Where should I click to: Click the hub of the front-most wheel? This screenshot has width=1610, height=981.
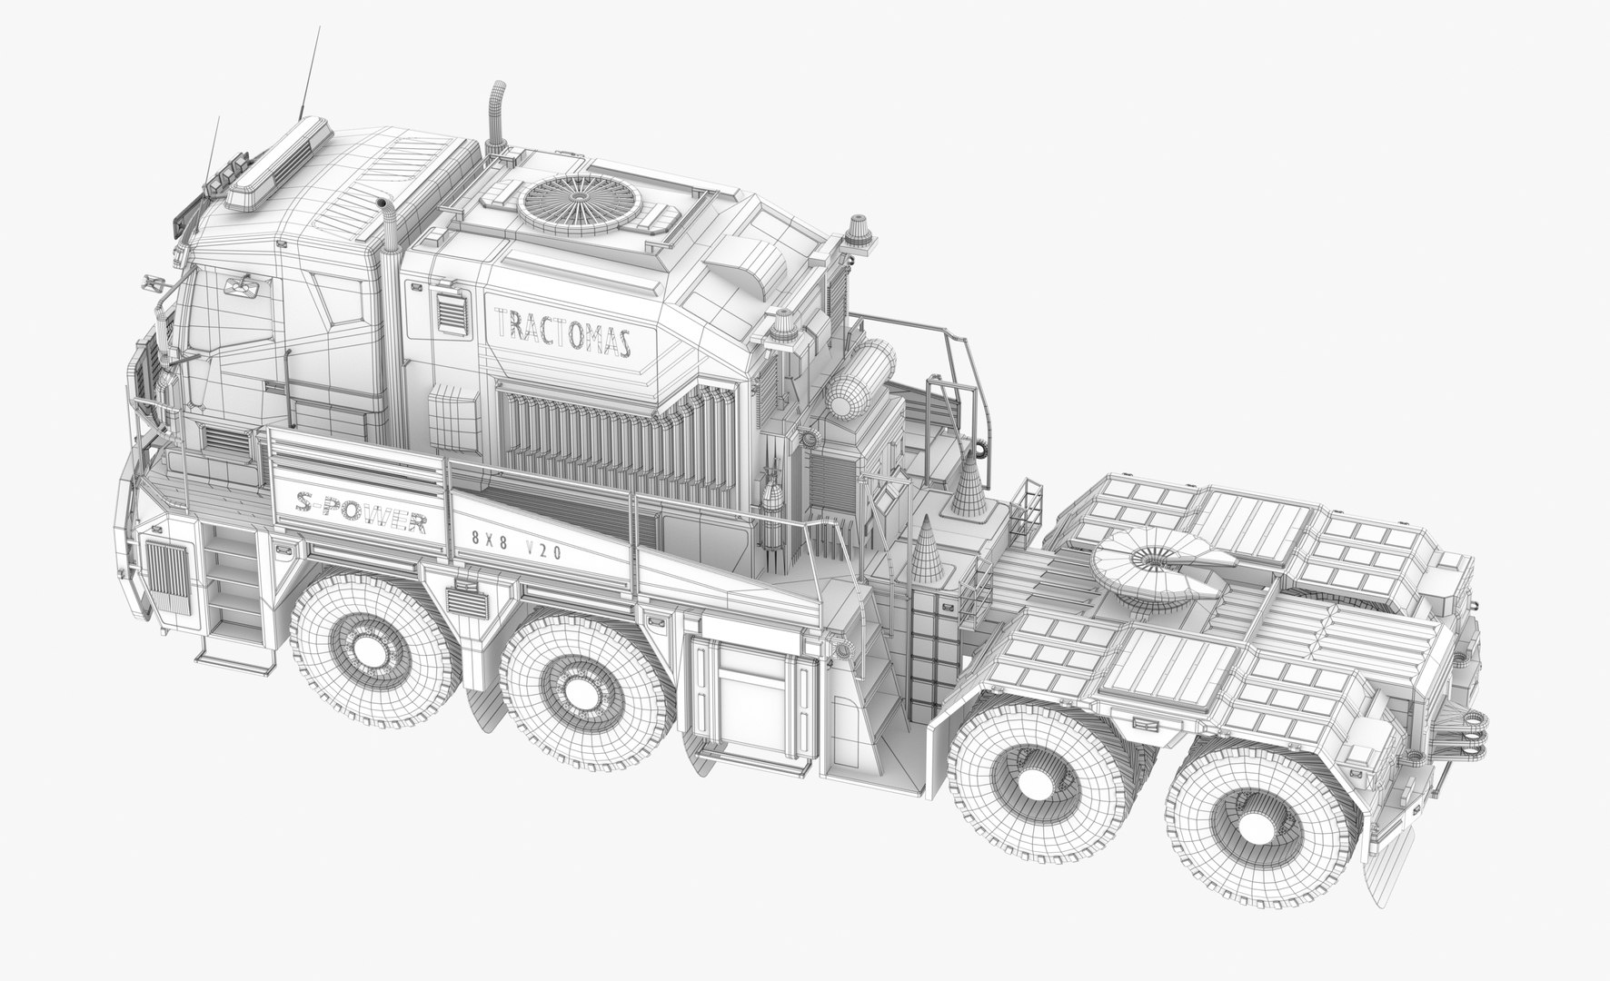click(371, 650)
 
